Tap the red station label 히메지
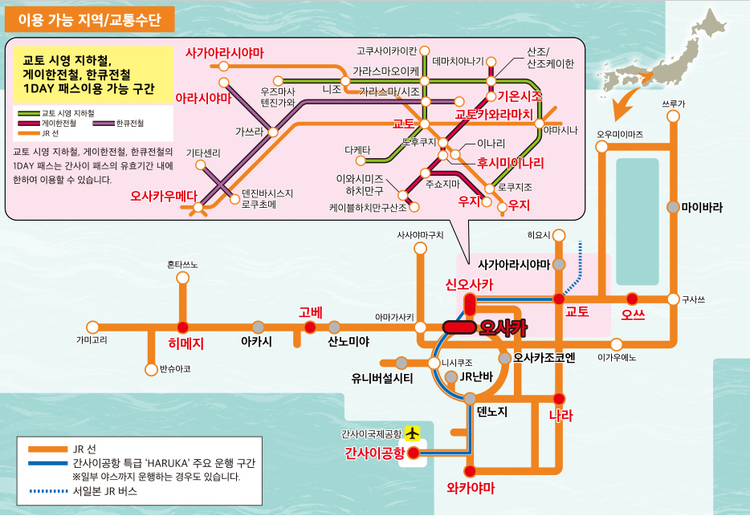click(x=185, y=343)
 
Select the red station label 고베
click(x=310, y=311)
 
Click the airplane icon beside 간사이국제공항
click(x=414, y=433)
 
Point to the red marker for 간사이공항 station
click(x=414, y=453)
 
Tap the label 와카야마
click(x=471, y=488)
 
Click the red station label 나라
click(x=560, y=416)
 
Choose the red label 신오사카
click(x=470, y=285)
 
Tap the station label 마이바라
click(x=702, y=206)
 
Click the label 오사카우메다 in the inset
click(x=164, y=195)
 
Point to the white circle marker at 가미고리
click(x=93, y=327)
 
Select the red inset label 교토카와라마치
click(x=494, y=115)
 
